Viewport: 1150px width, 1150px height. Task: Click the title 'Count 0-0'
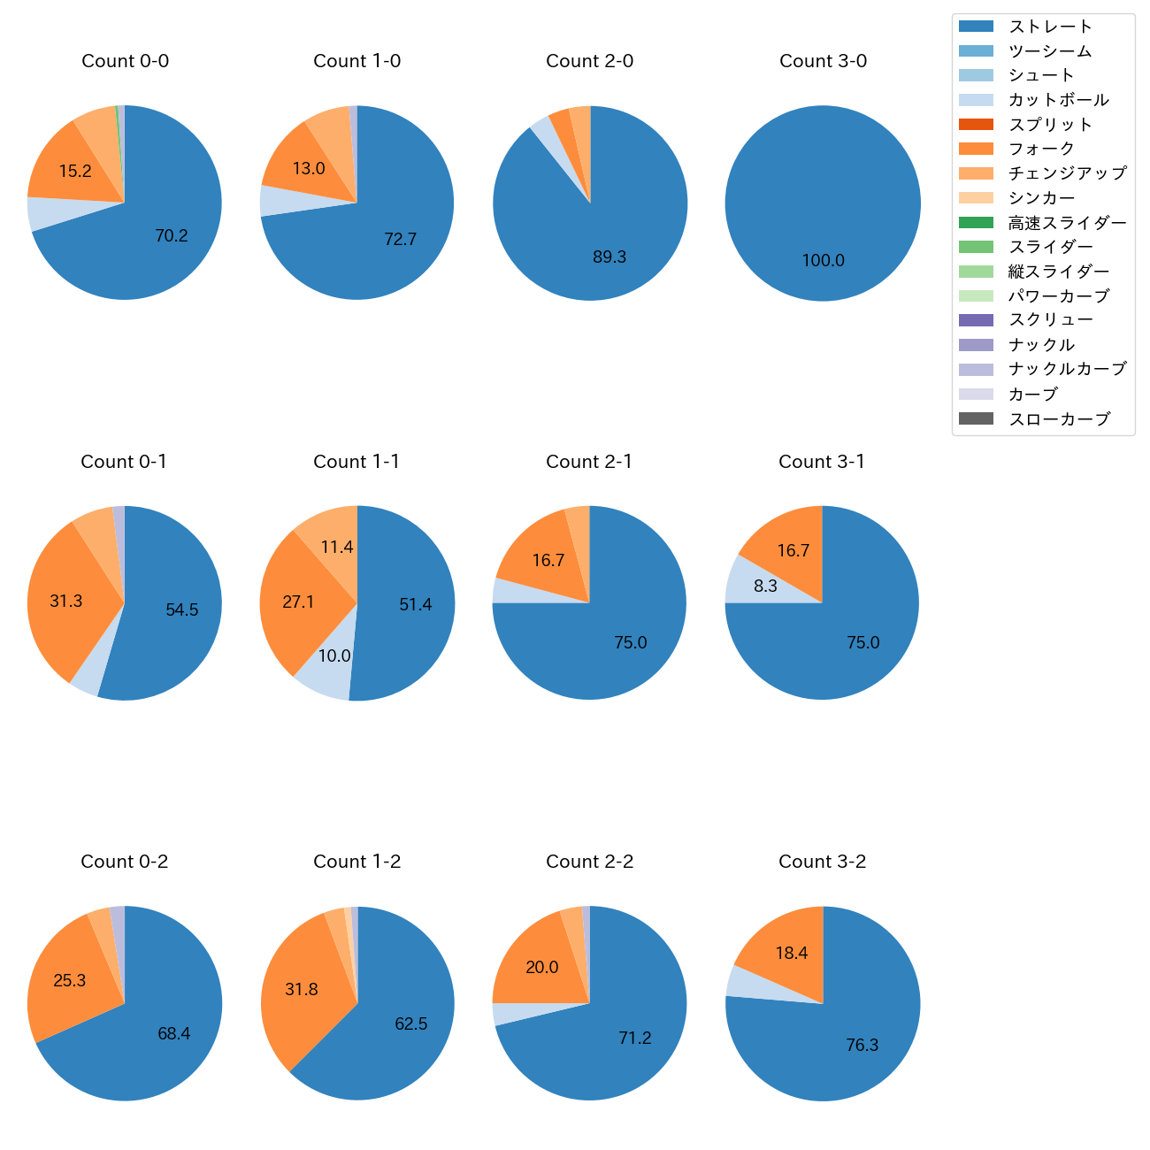[x=125, y=61]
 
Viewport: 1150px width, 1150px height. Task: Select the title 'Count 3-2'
[x=822, y=862]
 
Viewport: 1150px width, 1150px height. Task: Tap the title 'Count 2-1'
[x=589, y=462]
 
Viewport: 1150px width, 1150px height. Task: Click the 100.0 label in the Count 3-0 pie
[x=823, y=260]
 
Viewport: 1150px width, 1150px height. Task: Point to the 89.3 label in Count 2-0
[x=609, y=257]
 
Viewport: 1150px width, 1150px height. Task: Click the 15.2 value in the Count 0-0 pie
[x=75, y=172]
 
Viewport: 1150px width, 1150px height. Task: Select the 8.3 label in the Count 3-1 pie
[x=765, y=586]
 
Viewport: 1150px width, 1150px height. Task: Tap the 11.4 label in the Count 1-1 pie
[x=337, y=548]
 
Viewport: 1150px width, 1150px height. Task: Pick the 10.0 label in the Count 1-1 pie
[x=334, y=655]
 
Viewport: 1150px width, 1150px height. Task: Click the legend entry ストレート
[x=1049, y=27]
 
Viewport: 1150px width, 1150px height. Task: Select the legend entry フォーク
[x=1040, y=149]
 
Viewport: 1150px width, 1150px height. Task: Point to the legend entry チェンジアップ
[x=1067, y=173]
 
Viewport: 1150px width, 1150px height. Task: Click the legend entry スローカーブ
[x=1058, y=419]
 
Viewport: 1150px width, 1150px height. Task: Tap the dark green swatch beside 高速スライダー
[x=976, y=222]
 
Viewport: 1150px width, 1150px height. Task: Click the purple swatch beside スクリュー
[x=976, y=320]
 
